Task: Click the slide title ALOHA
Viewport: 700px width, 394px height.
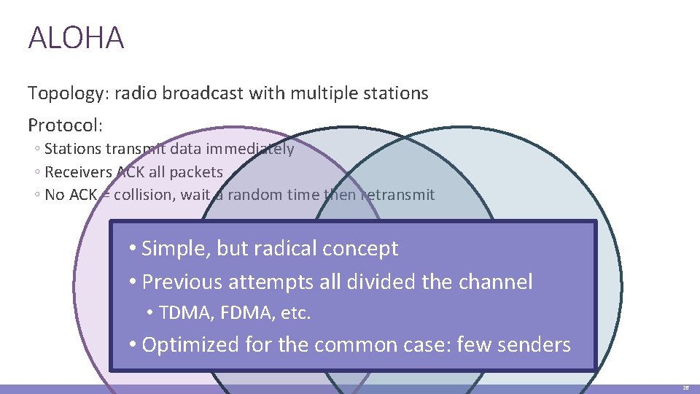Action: click(x=76, y=38)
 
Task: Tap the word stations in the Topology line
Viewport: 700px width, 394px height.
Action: click(x=398, y=93)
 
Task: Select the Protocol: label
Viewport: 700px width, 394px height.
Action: click(x=65, y=125)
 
